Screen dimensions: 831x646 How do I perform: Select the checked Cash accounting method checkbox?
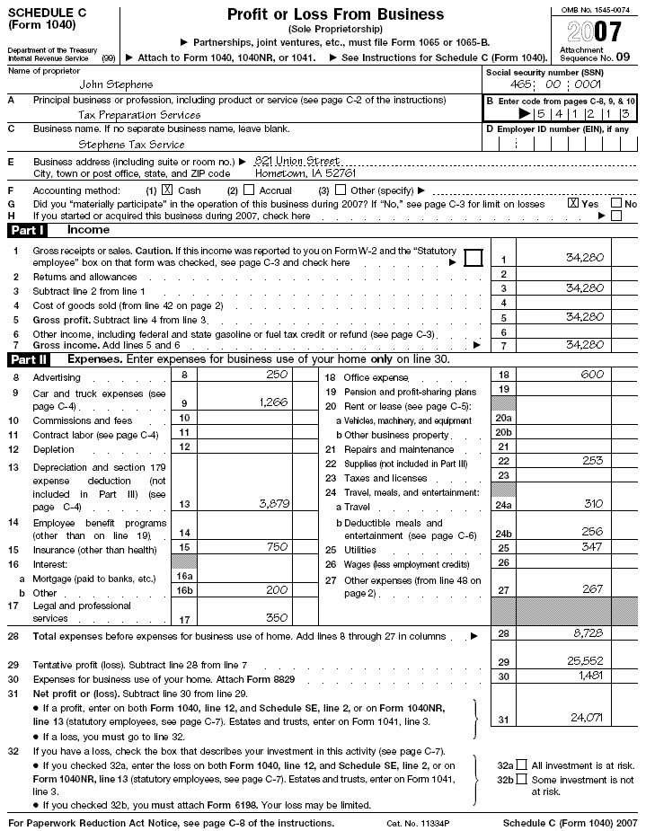pyautogui.click(x=167, y=190)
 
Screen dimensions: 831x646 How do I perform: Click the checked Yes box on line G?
pyautogui.click(x=573, y=203)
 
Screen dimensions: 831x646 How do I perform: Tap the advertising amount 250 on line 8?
pyautogui.click(x=276, y=374)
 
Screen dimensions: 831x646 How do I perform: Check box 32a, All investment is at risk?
pyautogui.click(x=522, y=765)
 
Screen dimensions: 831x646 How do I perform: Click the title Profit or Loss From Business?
pyautogui.click(x=335, y=14)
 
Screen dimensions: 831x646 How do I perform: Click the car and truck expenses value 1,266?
pyautogui.click(x=273, y=402)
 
